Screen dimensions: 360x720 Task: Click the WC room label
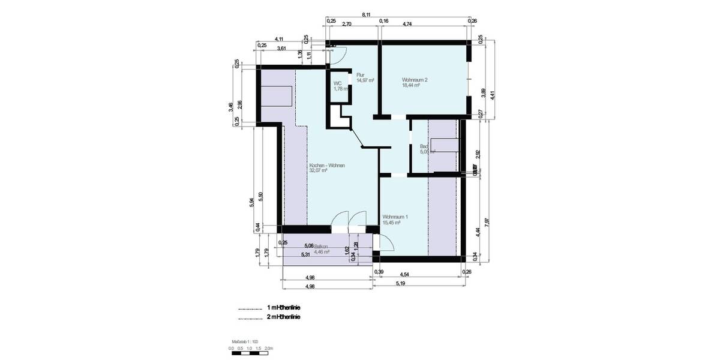tap(338, 83)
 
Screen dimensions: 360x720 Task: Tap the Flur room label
tap(361, 75)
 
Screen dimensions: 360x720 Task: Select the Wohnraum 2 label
tap(415, 80)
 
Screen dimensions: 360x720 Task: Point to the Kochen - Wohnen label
tap(326, 165)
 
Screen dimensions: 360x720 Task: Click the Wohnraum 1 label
tap(395, 217)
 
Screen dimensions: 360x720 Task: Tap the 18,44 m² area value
tap(410, 86)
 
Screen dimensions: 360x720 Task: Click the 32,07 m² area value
tap(318, 170)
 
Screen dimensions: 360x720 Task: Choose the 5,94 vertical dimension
tap(251, 203)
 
